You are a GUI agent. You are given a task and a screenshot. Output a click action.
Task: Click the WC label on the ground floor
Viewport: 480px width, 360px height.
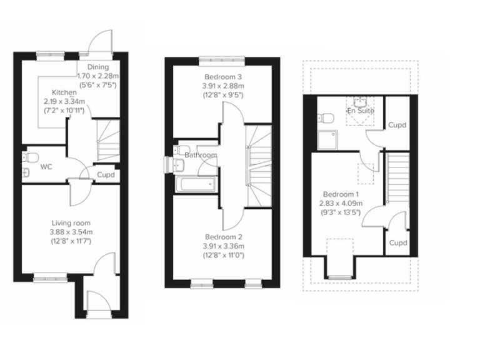[x=45, y=167]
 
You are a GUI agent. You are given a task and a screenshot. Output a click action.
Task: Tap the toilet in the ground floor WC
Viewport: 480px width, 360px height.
[x=32, y=156]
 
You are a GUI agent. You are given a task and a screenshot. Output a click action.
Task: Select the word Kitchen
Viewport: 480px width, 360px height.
[x=64, y=92]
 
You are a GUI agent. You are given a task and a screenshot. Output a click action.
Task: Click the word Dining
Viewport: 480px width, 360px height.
[x=98, y=67]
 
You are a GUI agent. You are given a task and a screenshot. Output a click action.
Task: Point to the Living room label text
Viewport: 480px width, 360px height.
[x=71, y=223]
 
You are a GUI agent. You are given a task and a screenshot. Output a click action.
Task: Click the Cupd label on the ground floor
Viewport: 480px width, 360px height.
[x=106, y=175]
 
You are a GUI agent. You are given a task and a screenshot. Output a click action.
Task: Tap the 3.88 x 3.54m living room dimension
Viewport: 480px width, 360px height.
[x=71, y=232]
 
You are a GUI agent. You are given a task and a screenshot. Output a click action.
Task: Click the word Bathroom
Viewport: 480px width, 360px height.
[x=201, y=155]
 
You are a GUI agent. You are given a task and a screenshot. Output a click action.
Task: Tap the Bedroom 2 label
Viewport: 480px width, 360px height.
[x=223, y=237]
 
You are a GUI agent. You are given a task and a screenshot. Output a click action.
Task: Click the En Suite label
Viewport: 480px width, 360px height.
[x=361, y=111]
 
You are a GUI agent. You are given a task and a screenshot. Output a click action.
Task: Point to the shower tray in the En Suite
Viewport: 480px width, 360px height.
[x=329, y=140]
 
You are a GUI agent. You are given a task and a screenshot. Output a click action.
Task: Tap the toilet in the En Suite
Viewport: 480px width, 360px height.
[x=324, y=118]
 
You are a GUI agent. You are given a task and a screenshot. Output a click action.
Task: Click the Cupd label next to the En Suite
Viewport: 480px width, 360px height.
[x=397, y=125]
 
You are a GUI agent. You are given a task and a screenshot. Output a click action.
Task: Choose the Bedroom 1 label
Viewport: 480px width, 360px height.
[x=339, y=194]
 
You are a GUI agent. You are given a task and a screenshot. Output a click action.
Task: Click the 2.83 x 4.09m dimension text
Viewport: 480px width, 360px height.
[x=339, y=203]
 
